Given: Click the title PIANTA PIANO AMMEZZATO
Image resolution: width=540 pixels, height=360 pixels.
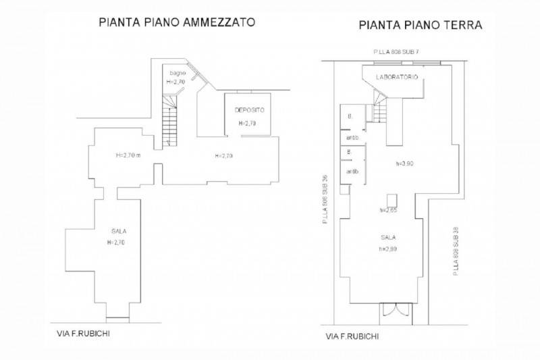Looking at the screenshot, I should pos(176,22).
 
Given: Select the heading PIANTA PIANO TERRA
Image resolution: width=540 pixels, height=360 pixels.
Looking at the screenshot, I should pos(419,26).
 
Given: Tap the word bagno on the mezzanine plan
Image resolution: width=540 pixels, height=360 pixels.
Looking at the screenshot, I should pos(177,73).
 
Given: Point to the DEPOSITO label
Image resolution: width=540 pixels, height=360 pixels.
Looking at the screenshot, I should pos(249,110).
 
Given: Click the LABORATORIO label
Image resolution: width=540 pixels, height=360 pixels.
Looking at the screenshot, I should pos(397,78).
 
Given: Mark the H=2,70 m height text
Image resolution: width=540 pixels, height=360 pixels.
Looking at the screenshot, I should pos(128,155).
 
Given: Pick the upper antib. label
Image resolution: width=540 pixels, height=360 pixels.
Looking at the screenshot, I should pos(352,138).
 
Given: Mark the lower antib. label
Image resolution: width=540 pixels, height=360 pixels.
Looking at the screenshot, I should pos(352,172).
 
